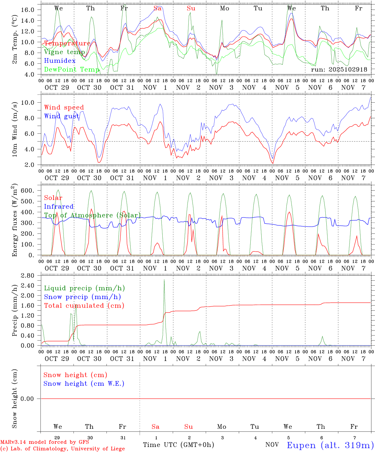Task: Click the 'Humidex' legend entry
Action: [x=60, y=61]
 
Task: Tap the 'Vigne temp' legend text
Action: [x=64, y=52]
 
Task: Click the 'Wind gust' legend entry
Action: [x=62, y=116]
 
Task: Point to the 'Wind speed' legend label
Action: [x=64, y=107]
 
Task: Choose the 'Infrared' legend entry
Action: [x=59, y=207]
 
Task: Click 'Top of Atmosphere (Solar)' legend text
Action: [x=92, y=215]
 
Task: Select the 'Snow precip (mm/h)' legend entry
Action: [x=82, y=297]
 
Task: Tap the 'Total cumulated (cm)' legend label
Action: [x=84, y=306]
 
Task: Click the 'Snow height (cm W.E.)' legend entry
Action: [x=84, y=384]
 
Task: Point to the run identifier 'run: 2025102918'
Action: [x=339, y=69]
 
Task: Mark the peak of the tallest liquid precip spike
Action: [x=164, y=279]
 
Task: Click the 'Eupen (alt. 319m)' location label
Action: [x=330, y=445]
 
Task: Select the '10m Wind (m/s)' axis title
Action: [x=15, y=129]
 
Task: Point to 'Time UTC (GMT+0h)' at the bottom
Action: [x=178, y=445]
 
